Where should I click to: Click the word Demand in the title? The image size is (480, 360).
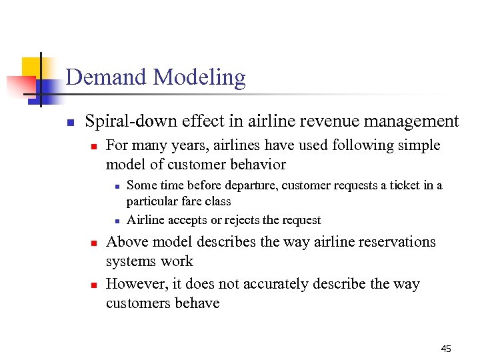(107, 77)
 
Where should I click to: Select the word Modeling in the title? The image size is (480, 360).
(199, 78)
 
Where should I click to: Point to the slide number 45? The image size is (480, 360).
(446, 349)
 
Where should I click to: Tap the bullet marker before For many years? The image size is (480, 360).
(95, 146)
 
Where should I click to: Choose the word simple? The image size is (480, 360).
(418, 145)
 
